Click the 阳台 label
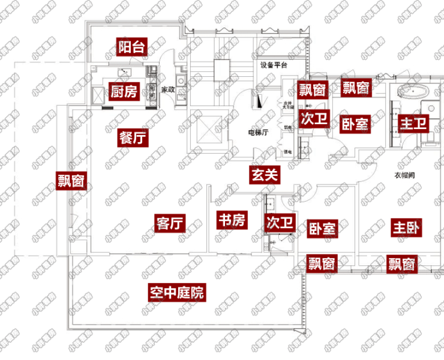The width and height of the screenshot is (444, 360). click(x=131, y=47)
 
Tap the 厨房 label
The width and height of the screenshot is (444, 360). click(x=124, y=92)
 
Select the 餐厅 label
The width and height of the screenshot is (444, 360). click(x=133, y=138)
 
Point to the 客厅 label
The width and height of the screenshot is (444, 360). click(x=169, y=223)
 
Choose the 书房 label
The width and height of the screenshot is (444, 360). click(x=231, y=220)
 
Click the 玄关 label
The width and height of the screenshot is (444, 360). click(x=265, y=175)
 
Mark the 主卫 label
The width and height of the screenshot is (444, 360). click(x=413, y=124)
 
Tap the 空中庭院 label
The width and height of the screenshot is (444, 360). click(x=177, y=293)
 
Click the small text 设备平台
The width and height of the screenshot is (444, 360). click(x=274, y=64)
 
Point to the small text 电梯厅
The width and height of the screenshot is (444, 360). click(x=258, y=133)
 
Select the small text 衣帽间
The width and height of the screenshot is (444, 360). click(x=406, y=176)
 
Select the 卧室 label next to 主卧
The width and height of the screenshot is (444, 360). click(x=322, y=228)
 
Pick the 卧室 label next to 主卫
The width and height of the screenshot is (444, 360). click(x=355, y=124)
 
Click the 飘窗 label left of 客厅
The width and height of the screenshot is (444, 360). click(x=71, y=181)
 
